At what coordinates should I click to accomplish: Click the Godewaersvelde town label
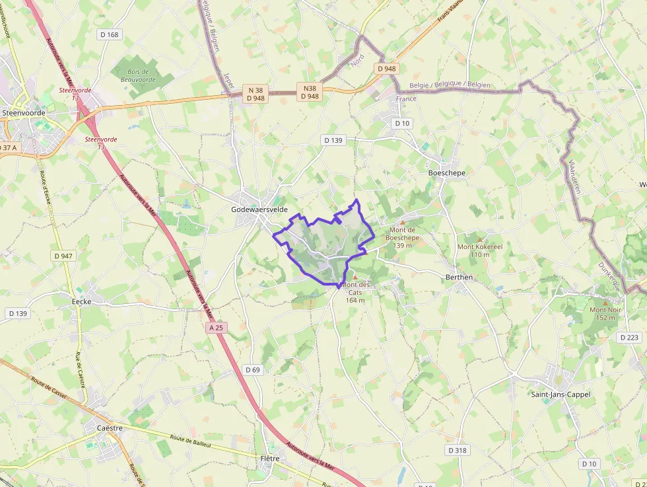tap(259, 209)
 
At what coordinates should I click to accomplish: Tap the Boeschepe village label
tap(447, 173)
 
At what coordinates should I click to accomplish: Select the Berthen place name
tap(459, 278)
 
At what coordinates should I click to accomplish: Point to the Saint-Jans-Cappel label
tap(561, 394)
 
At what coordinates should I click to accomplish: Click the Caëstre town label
tap(110, 428)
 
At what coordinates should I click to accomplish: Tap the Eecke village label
tap(81, 301)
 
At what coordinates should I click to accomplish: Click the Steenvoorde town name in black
tap(24, 113)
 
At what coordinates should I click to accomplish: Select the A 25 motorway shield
tap(216, 328)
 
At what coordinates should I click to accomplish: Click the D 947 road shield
tap(63, 256)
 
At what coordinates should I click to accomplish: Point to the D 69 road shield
tap(252, 370)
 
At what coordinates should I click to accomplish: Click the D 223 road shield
tap(630, 338)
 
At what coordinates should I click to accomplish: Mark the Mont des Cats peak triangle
tap(355, 277)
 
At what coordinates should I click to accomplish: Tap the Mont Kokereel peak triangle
tap(480, 239)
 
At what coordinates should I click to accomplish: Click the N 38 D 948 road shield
tap(255, 94)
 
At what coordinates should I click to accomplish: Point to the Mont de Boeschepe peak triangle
tap(402, 222)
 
